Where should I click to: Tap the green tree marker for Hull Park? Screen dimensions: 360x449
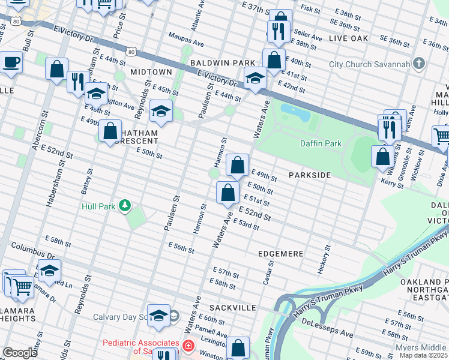[125, 206]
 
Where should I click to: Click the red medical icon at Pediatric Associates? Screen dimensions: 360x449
[188, 346]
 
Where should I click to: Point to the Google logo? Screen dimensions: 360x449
[19, 353]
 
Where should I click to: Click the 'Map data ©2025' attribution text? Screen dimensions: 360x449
[423, 355]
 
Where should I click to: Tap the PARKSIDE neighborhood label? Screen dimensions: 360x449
[309, 175]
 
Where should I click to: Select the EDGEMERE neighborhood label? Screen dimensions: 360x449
[280, 254]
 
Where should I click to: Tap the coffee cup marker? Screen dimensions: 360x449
[11, 62]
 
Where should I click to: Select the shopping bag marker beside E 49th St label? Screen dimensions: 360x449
[238, 164]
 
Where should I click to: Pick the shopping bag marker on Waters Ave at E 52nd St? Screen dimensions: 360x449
[228, 193]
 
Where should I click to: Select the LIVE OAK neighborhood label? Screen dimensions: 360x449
[348, 38]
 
